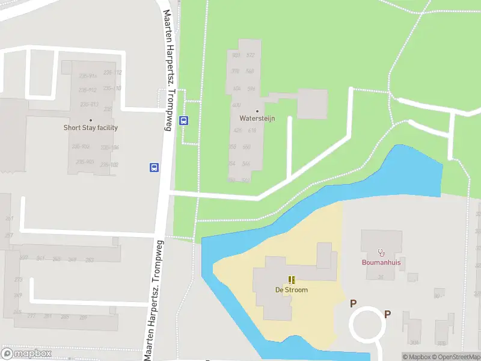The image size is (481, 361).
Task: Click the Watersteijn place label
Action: pyautogui.click(x=257, y=119)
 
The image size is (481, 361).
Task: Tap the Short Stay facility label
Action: pyautogui.click(x=91, y=128)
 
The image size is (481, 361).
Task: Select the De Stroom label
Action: pyautogui.click(x=292, y=289)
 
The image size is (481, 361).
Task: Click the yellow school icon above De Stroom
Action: pyautogui.click(x=292, y=280)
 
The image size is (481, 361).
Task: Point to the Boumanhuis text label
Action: pyautogui.click(x=381, y=262)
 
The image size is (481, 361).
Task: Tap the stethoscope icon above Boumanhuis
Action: pyautogui.click(x=381, y=253)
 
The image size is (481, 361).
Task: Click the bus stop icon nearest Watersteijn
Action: pyautogui.click(x=184, y=120)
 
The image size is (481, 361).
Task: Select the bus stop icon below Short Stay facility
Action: pyautogui.click(x=154, y=167)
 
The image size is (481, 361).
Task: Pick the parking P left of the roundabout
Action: pyautogui.click(x=354, y=304)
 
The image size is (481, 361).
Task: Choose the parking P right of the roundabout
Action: pyautogui.click(x=388, y=313)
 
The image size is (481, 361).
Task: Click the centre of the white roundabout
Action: pyautogui.click(x=368, y=325)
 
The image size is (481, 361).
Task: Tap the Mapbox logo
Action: pyautogui.click(x=26, y=354)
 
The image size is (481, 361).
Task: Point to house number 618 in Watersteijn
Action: pyautogui.click(x=252, y=131)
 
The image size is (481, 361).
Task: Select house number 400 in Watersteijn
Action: pyautogui.click(x=236, y=105)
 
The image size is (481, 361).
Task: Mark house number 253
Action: pyautogui.click(x=90, y=260)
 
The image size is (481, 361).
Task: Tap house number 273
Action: pyautogui.click(x=18, y=280)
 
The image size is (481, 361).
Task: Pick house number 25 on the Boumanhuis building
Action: pyautogui.click(x=381, y=277)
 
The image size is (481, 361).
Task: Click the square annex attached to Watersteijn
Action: pyautogui.click(x=313, y=103)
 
